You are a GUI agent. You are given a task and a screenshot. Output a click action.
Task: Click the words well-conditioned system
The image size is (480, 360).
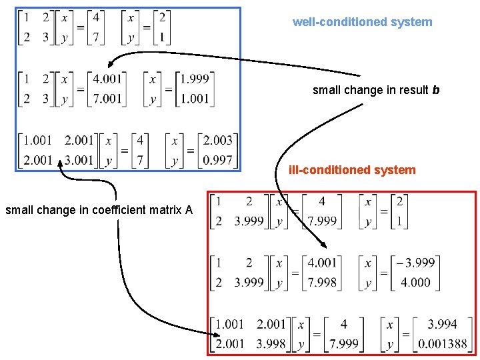click(362, 22)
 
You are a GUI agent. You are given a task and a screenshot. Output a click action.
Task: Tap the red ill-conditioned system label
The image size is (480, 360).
click(351, 170)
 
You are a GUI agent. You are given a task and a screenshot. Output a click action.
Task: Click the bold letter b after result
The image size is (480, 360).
click(436, 90)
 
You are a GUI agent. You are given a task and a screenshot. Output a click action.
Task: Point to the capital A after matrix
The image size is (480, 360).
click(189, 211)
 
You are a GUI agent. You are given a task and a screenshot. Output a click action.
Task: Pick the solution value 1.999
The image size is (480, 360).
click(194, 79)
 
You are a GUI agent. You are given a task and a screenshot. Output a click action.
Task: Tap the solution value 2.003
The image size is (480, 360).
click(217, 140)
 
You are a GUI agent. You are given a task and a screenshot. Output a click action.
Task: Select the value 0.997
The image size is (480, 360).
click(217, 160)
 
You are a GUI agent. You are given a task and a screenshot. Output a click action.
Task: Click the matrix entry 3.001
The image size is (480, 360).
click(79, 160)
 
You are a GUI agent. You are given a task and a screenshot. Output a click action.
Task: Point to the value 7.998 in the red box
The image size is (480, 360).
click(322, 282)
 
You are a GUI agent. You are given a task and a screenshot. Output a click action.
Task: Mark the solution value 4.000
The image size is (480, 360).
click(415, 282)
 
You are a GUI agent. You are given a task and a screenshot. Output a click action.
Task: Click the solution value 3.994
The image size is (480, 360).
click(442, 325)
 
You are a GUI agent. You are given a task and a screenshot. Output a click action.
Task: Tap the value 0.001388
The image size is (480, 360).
click(442, 344)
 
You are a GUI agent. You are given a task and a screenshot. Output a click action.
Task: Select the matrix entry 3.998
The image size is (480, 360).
click(271, 344)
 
